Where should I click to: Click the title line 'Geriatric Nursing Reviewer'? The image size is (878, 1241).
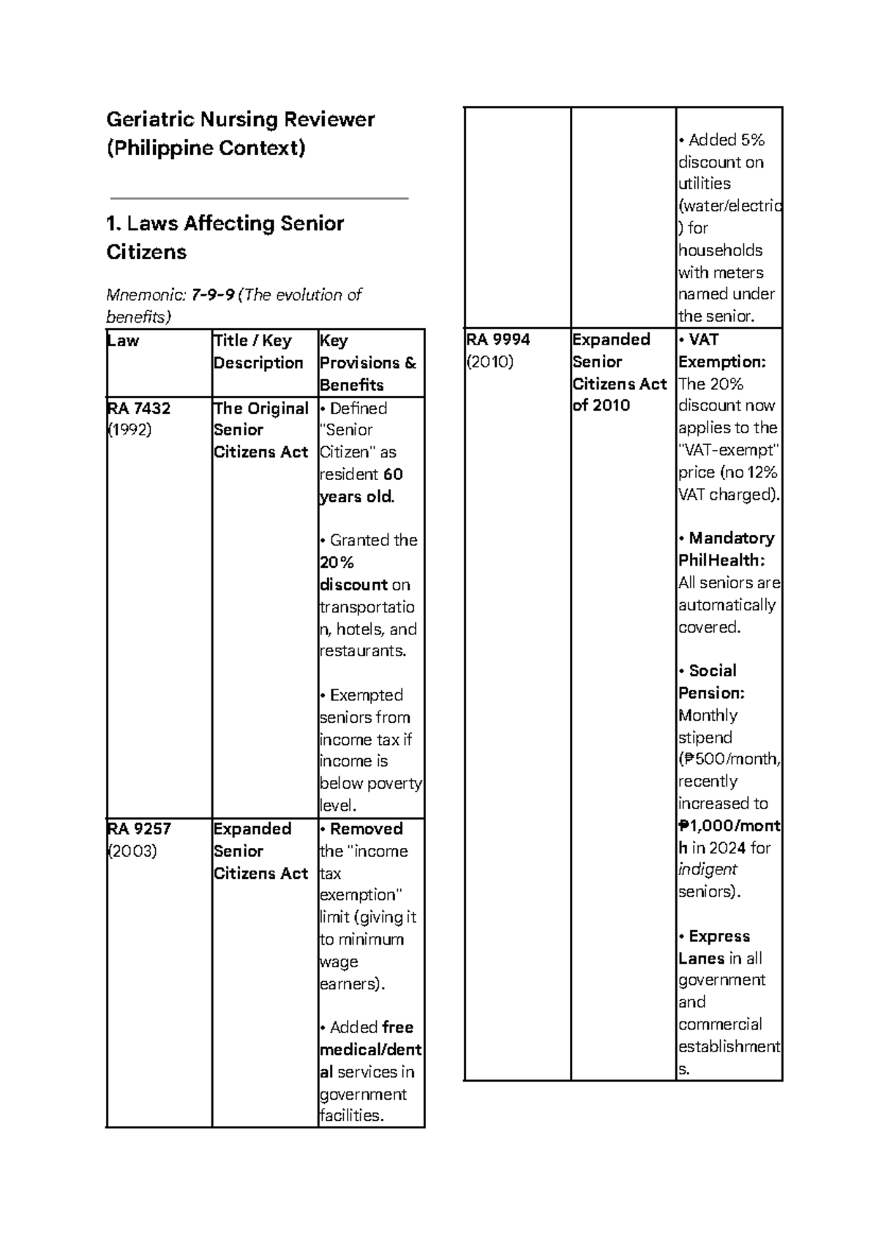pyautogui.click(x=240, y=119)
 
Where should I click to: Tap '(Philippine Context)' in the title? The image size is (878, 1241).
pyautogui.click(x=206, y=149)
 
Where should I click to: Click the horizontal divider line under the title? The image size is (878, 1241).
pyautogui.click(x=258, y=198)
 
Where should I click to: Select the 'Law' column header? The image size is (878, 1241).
pyautogui.click(x=123, y=341)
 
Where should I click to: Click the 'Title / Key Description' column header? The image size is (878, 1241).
pyautogui.click(x=258, y=352)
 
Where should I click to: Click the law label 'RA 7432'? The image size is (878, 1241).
pyautogui.click(x=139, y=408)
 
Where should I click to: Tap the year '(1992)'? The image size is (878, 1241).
pyautogui.click(x=130, y=430)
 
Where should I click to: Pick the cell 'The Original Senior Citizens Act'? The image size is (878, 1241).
pyautogui.click(x=260, y=430)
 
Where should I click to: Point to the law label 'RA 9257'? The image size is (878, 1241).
pyautogui.click(x=139, y=829)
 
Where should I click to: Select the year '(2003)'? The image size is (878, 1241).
pyautogui.click(x=132, y=851)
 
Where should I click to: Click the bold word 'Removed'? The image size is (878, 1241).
pyautogui.click(x=366, y=829)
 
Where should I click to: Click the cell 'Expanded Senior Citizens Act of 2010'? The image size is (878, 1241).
pyautogui.click(x=619, y=372)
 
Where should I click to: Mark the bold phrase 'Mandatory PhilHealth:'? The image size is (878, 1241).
pyautogui.click(x=727, y=549)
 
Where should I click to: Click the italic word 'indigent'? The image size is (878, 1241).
pyautogui.click(x=707, y=869)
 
